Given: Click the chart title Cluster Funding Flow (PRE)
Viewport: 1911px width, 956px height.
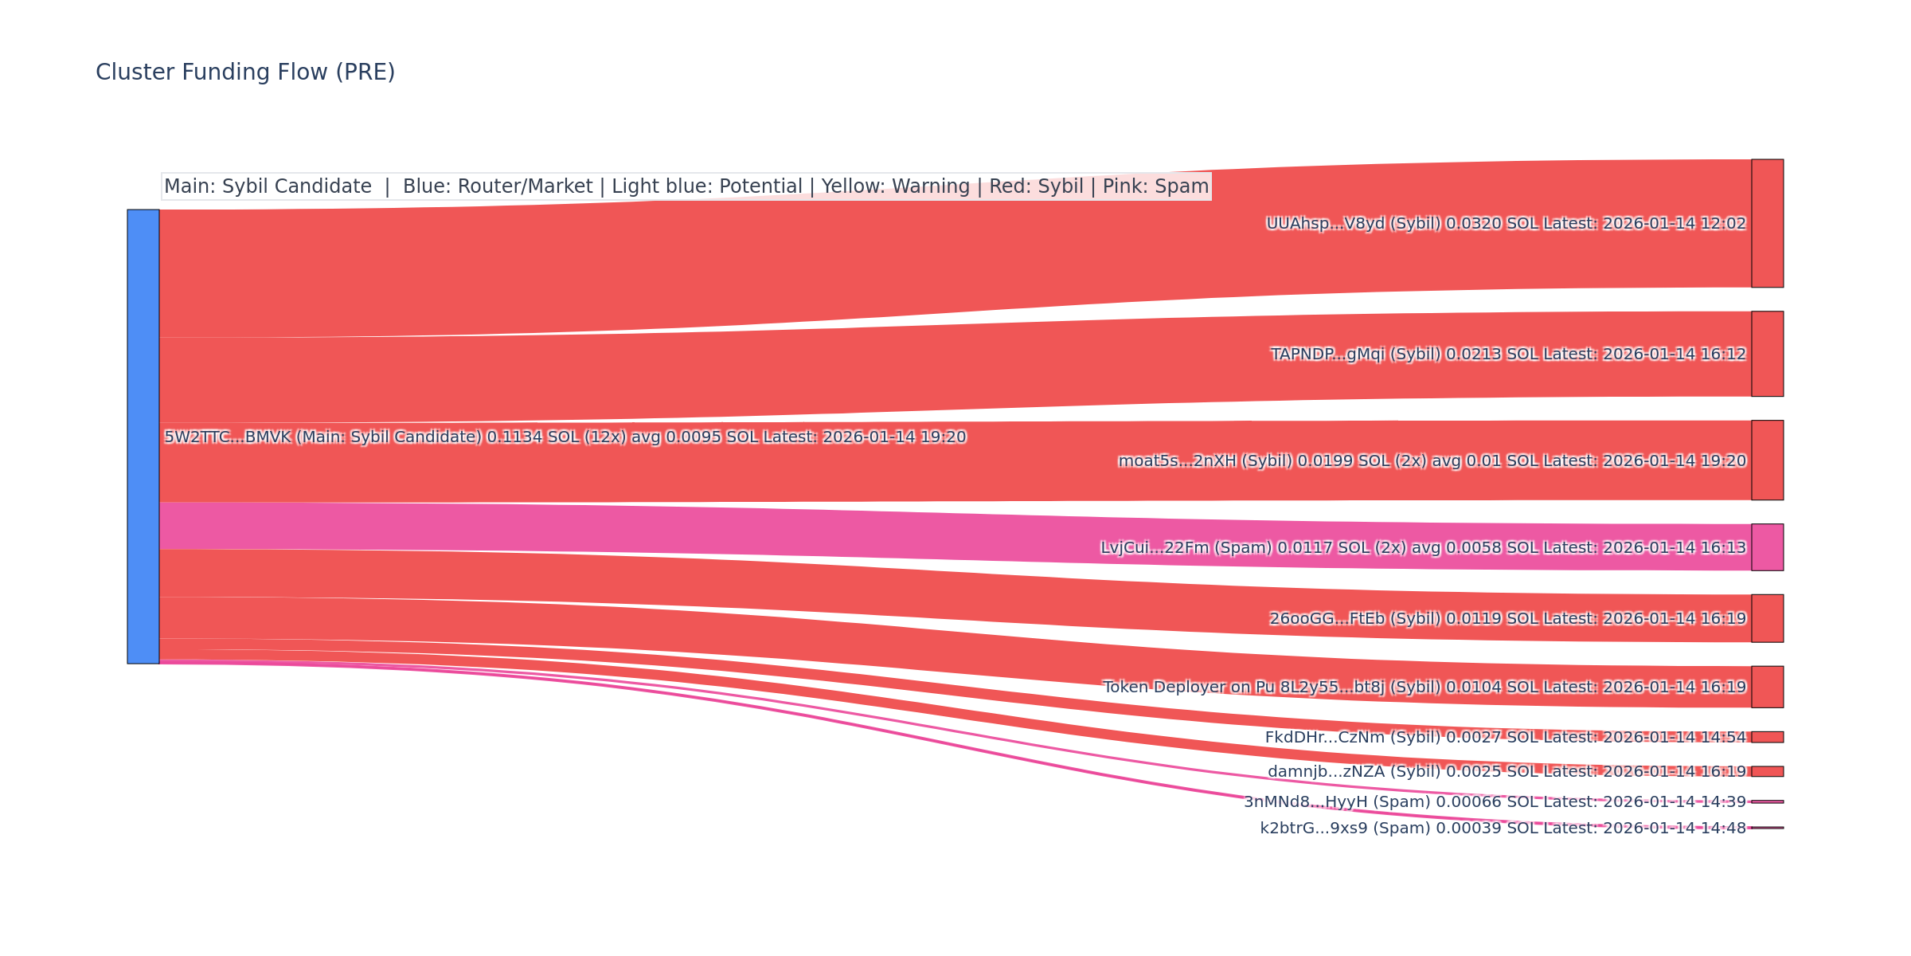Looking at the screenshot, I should (245, 72).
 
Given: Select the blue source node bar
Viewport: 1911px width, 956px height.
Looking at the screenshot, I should (143, 437).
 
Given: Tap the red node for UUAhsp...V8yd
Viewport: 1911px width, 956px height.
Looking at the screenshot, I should (1767, 223).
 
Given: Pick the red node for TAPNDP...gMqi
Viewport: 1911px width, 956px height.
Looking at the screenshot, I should (1767, 354).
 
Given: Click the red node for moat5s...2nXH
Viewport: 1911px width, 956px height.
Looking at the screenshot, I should (1767, 460).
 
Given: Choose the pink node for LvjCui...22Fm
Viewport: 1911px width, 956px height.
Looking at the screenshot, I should (1767, 547).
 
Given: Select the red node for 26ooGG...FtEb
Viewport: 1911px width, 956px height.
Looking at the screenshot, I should (1767, 618).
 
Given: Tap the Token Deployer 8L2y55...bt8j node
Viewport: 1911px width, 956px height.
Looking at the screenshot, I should (1767, 687).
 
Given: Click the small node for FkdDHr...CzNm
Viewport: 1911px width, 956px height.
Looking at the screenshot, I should (1767, 737).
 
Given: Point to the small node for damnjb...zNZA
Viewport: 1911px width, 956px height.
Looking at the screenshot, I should (1767, 771).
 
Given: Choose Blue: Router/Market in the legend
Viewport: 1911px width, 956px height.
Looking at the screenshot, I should (498, 186).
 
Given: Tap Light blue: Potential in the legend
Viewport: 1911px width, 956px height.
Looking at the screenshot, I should (706, 186).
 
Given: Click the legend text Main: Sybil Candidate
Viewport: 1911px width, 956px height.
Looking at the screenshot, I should (268, 186).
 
